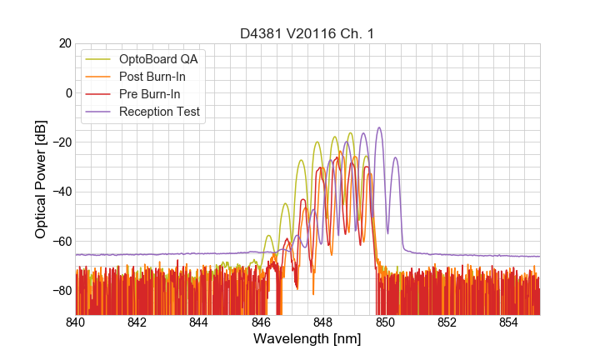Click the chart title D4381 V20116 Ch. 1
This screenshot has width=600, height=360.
tap(307, 33)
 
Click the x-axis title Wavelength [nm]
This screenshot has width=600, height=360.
tap(307, 340)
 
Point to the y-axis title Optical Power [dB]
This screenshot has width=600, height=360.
tap(41, 179)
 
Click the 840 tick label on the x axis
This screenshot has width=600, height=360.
tap(76, 322)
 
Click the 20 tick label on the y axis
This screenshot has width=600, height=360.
tap(64, 43)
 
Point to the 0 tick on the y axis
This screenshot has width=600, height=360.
tap(67, 92)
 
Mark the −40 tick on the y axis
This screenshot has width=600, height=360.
tap(61, 192)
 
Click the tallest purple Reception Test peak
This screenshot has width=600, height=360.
tap(379, 128)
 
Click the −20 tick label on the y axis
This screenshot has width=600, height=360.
tap(61, 142)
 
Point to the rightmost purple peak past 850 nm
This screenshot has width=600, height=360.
tap(396, 158)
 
